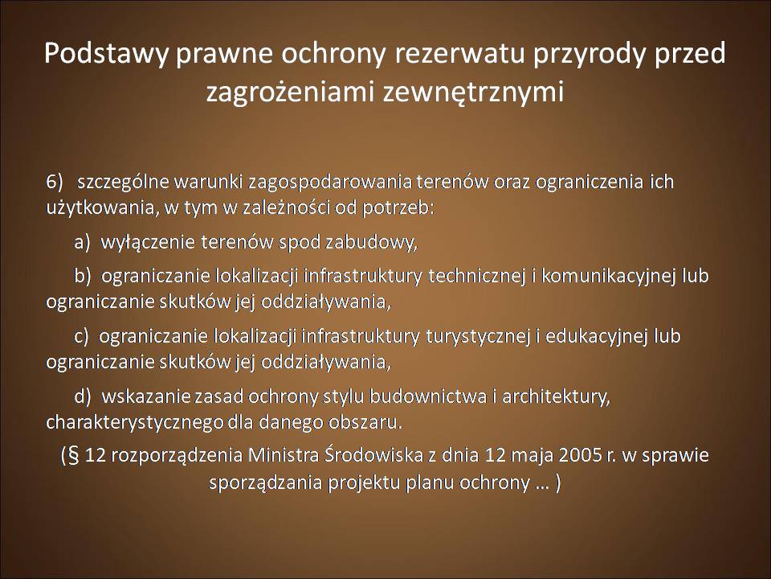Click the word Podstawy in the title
(x=106, y=54)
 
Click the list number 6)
(x=55, y=183)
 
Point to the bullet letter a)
(x=82, y=242)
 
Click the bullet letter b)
(x=83, y=276)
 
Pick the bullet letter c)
(x=81, y=336)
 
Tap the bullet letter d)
(x=83, y=396)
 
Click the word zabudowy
(x=371, y=242)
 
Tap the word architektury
(x=556, y=396)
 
